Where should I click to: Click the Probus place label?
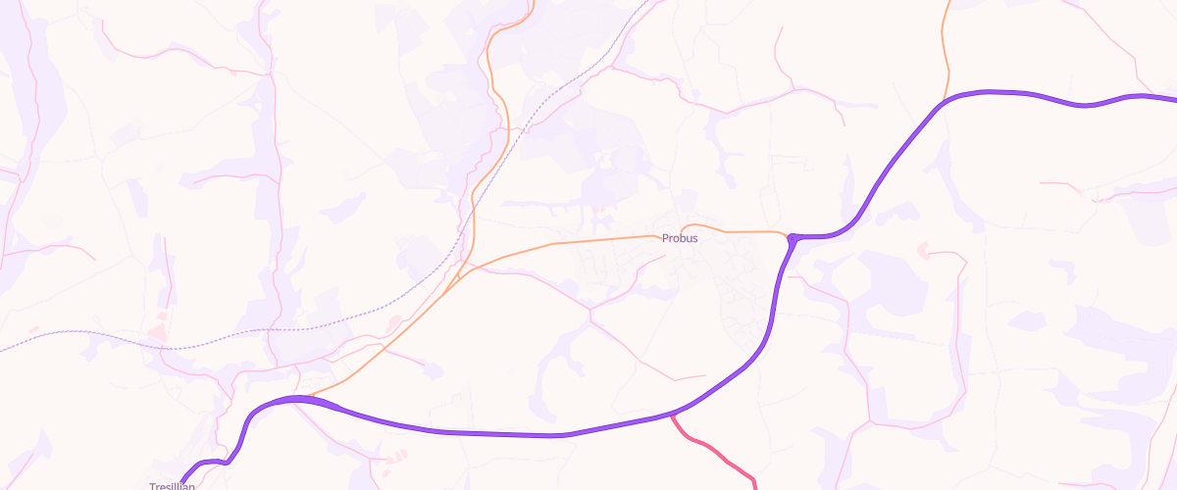680,238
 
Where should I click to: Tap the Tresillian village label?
172,486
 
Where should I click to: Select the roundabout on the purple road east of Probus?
792,237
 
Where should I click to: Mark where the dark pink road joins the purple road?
673,416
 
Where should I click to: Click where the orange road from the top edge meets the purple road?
944,100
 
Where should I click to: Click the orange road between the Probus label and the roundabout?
745,231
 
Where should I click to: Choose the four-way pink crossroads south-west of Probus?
590,312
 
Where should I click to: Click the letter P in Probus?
665,238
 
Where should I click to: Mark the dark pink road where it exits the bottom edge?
755,486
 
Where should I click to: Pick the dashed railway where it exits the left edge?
3,350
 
